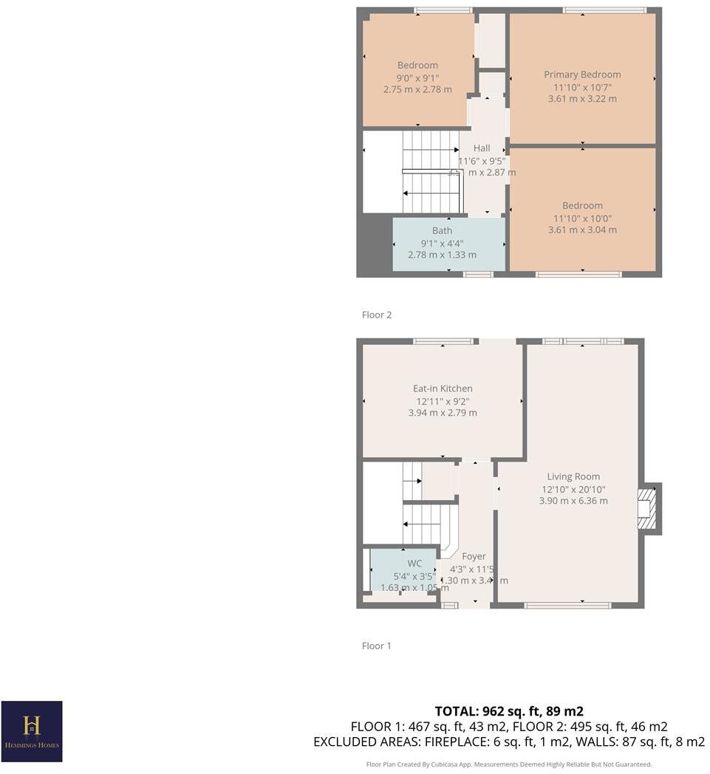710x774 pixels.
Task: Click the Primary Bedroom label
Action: (x=582, y=75)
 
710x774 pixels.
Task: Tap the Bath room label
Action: (x=442, y=230)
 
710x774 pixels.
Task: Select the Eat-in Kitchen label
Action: (x=443, y=388)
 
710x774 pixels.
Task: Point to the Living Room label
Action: (x=573, y=476)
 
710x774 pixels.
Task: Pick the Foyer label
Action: (x=474, y=556)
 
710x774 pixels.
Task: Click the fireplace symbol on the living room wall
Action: (x=647, y=508)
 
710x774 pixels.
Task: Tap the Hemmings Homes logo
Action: (x=32, y=730)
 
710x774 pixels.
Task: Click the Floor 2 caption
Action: (x=377, y=315)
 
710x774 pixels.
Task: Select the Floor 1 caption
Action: (x=377, y=645)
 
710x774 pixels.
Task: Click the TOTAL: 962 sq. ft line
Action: (x=509, y=711)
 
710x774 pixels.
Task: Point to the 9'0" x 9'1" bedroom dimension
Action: (x=417, y=78)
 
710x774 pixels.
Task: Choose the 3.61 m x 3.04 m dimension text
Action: (x=582, y=230)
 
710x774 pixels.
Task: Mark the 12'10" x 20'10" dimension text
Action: (x=573, y=489)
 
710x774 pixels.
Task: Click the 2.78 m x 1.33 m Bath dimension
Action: (x=442, y=255)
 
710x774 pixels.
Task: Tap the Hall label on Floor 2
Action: (x=482, y=148)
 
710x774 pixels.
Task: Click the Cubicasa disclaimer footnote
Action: (x=509, y=764)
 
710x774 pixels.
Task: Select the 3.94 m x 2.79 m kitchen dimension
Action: (x=443, y=413)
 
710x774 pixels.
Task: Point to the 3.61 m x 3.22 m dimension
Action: (x=582, y=99)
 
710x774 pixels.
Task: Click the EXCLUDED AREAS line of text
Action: (x=509, y=742)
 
